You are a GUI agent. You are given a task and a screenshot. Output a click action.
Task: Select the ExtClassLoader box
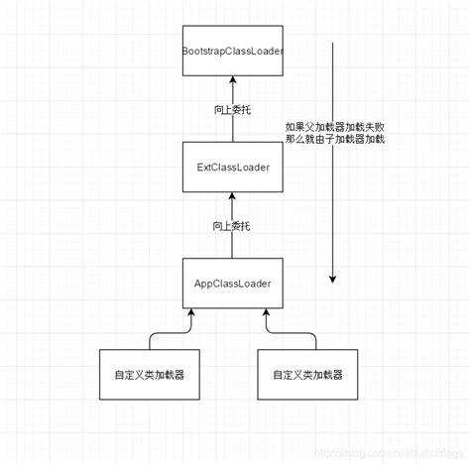pyautogui.click(x=233, y=167)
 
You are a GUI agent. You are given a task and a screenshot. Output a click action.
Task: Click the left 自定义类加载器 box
pyautogui.click(x=149, y=376)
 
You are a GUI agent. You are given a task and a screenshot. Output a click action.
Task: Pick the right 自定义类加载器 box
pyautogui.click(x=307, y=376)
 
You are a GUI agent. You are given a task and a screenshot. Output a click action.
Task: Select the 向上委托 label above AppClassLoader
pyautogui.click(x=232, y=226)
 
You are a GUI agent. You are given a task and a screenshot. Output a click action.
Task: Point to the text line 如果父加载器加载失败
pyautogui.click(x=334, y=127)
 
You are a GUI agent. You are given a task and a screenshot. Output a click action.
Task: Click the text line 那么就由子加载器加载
pyautogui.click(x=334, y=140)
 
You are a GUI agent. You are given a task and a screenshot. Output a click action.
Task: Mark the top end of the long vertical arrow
pyautogui.click(x=333, y=43)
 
